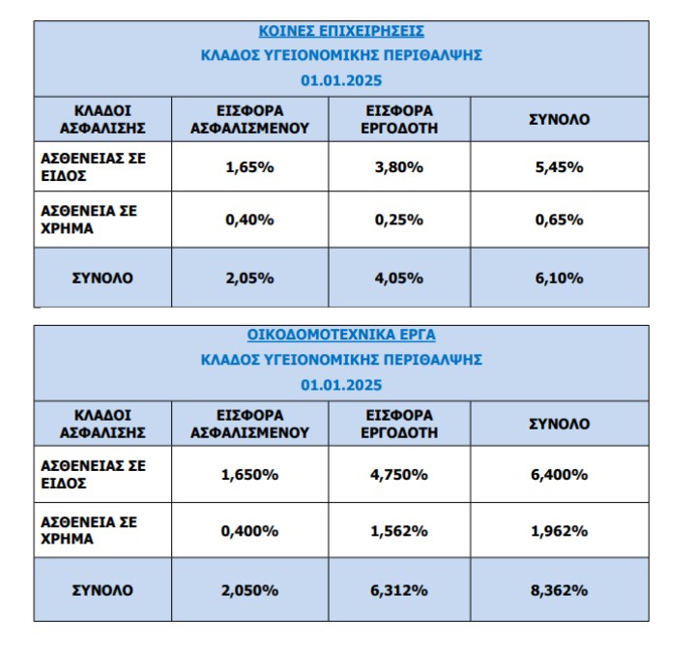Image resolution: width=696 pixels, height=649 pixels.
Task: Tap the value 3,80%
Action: coord(398,166)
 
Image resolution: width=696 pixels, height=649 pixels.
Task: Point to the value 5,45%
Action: coord(559,166)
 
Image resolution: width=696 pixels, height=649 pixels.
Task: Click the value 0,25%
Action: coord(398,220)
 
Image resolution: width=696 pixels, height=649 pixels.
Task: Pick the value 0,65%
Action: coord(559,220)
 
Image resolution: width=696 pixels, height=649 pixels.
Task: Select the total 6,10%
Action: coord(559,279)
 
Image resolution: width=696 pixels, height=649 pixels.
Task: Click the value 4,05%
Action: coord(398,279)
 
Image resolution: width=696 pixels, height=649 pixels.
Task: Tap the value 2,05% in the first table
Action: coord(249,279)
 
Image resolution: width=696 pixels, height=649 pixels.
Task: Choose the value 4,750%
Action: coord(398,474)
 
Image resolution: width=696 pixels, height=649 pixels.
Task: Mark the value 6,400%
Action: coord(559,474)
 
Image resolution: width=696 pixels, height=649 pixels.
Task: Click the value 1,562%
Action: coord(398,530)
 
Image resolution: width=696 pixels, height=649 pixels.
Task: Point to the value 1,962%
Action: coord(559,530)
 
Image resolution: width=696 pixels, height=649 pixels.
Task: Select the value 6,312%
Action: coord(398,589)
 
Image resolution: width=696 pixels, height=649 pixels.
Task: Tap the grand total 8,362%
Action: coord(559,589)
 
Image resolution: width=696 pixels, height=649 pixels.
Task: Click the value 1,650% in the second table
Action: coord(249,474)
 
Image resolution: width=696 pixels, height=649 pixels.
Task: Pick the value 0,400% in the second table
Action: coord(249,530)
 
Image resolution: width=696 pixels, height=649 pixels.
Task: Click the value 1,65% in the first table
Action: coord(249,166)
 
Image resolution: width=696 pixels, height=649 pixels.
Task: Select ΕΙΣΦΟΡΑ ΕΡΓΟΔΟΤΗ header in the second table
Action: coord(398,424)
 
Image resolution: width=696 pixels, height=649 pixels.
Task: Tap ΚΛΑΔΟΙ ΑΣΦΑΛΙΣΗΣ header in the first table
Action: coord(103,119)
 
